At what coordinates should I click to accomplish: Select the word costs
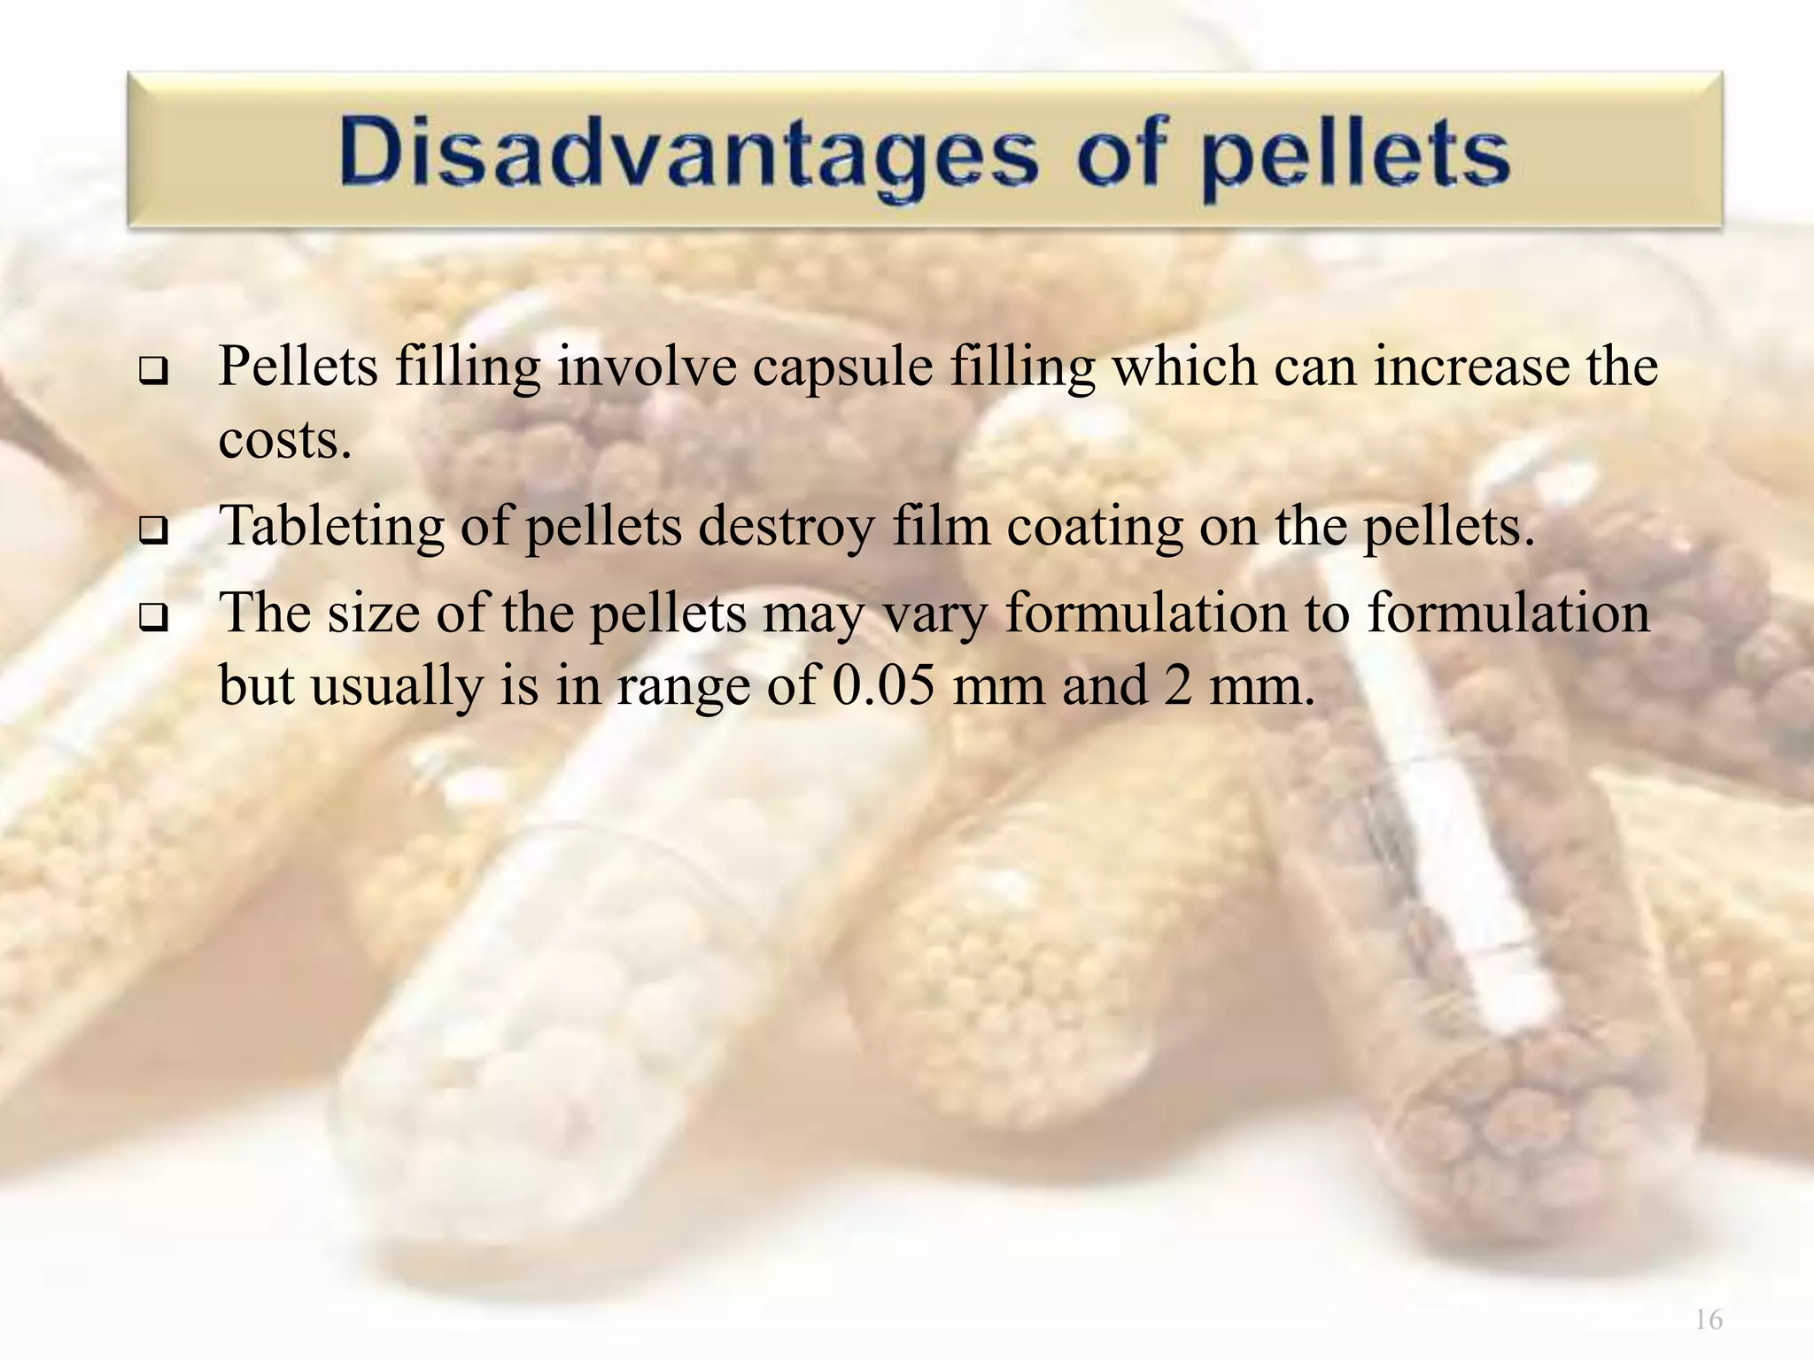pos(284,439)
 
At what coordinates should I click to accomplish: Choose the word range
pos(682,687)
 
